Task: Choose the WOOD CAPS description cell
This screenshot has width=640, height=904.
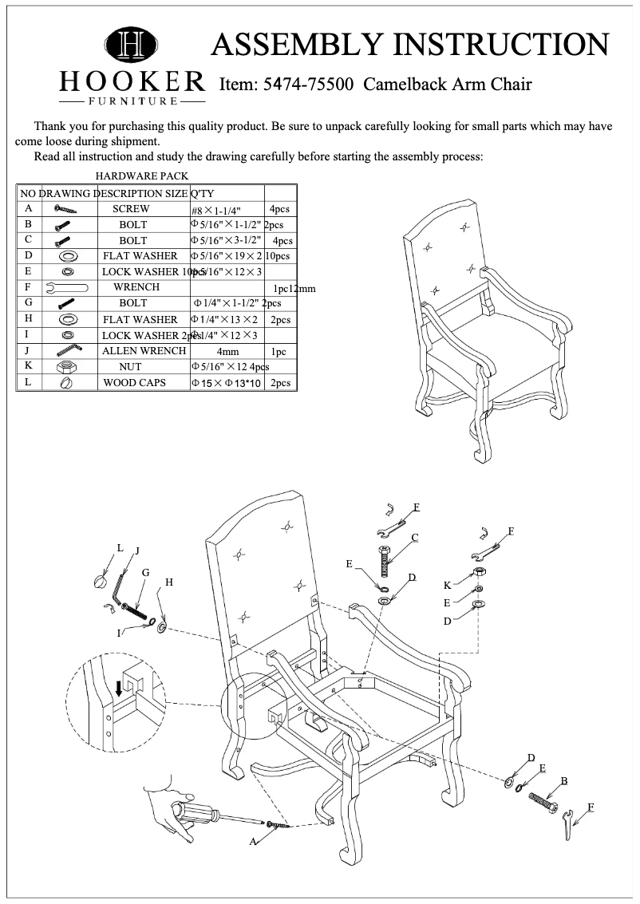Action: pyautogui.click(x=134, y=383)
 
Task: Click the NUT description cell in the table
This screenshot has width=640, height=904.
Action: pyautogui.click(x=130, y=367)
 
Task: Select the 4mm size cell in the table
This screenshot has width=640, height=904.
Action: pyautogui.click(x=227, y=351)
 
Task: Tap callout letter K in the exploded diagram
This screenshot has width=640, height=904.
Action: pyautogui.click(x=447, y=586)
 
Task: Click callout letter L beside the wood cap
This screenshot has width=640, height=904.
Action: pyautogui.click(x=120, y=548)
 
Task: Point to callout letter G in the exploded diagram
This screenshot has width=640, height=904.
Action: pyautogui.click(x=145, y=573)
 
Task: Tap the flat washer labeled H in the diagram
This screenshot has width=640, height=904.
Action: pyautogui.click(x=163, y=629)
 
